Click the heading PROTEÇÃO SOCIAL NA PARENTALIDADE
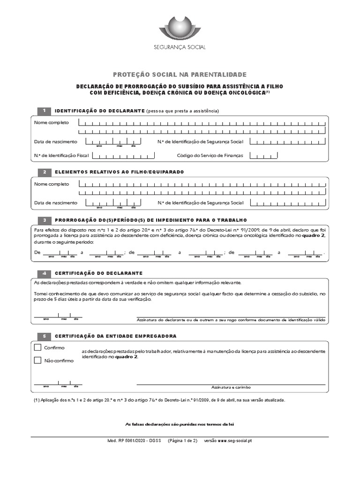180,75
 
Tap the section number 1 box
44,111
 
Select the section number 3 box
44,220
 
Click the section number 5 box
44,336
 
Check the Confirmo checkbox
38,348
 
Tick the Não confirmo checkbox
38,360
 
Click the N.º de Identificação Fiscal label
55,155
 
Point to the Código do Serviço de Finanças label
210,155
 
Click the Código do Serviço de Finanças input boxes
263,155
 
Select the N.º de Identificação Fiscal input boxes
120,155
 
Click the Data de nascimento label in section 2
56,202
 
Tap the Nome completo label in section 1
52,122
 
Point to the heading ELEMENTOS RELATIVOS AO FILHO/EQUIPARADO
120,172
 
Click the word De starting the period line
37,252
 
